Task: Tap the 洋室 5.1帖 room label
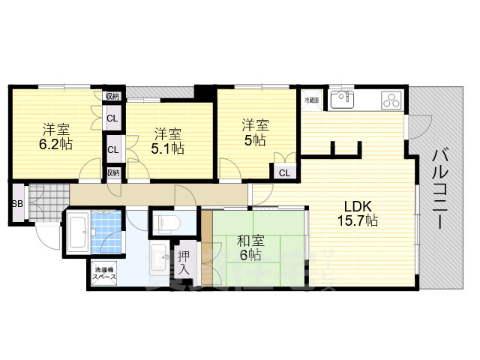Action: (169, 141)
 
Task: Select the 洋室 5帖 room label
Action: (254, 132)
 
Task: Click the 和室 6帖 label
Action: (250, 248)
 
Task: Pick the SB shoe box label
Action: (16, 203)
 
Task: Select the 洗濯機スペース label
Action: (104, 272)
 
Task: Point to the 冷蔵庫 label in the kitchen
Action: (311, 100)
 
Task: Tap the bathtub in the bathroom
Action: (78, 234)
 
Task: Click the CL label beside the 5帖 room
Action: (284, 173)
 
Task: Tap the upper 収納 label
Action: (112, 96)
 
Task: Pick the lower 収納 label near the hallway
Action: (112, 172)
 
